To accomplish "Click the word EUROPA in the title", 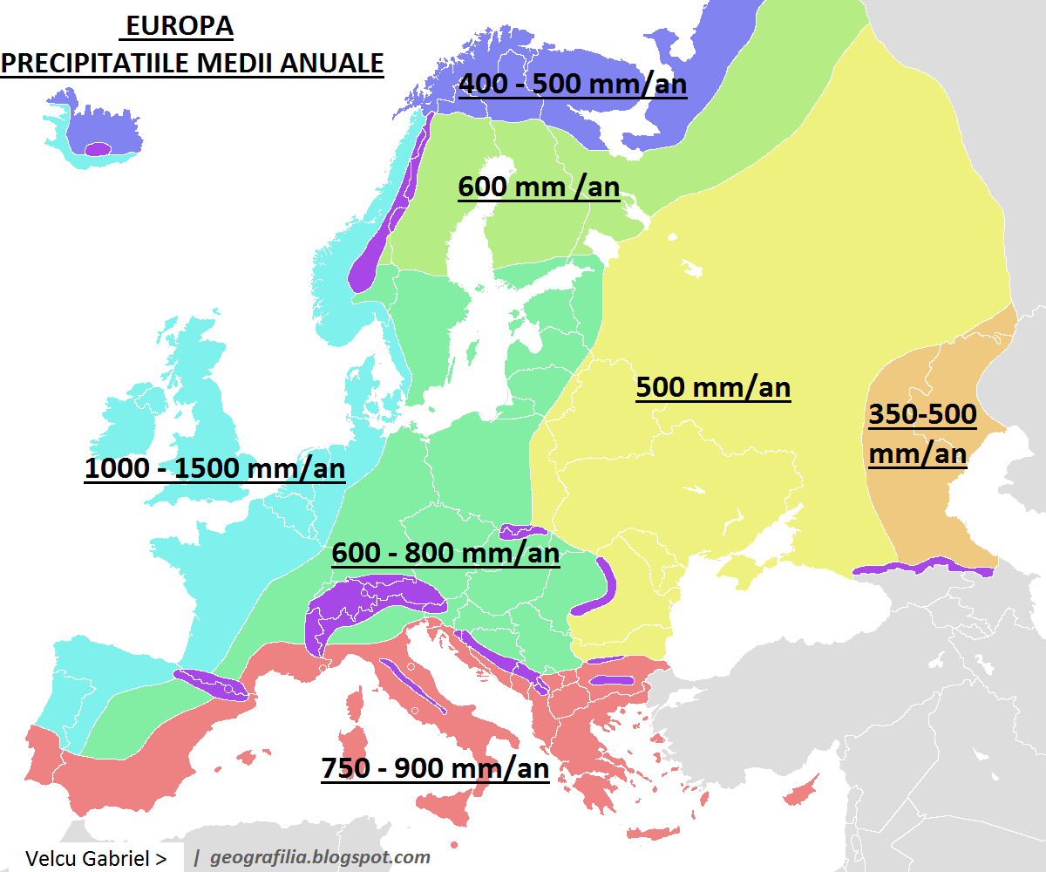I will [180, 27].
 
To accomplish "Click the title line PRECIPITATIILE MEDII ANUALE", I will [192, 64].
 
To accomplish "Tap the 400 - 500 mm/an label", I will [573, 85].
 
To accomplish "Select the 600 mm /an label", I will [539, 187].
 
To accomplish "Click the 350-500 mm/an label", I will [921, 433].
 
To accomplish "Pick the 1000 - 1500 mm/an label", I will [214, 468].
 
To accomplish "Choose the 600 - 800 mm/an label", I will [445, 553].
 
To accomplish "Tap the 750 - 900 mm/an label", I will [435, 768].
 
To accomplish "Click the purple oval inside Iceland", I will [98, 148].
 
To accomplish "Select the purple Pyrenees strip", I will [211, 684].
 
